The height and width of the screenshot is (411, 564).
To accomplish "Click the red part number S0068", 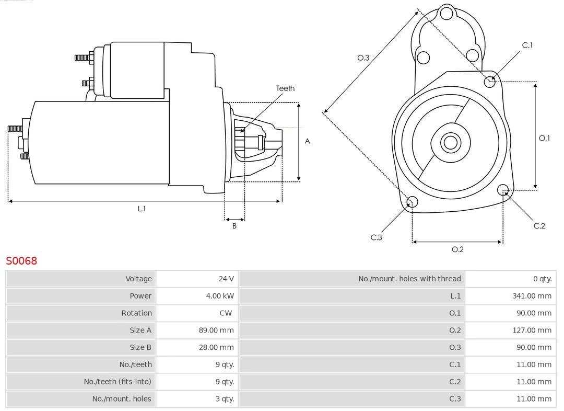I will pos(21,261).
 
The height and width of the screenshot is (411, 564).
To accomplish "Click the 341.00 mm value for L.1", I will pos(532,296).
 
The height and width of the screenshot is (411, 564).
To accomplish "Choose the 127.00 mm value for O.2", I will pos(532,330).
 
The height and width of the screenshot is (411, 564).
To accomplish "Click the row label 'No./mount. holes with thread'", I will pos(409,279).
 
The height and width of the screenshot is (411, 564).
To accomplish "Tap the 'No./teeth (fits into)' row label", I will pos(118,382).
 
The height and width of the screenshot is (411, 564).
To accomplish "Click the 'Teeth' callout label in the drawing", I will pos(285,88).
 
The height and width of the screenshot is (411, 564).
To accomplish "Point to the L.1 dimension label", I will pos(142,209).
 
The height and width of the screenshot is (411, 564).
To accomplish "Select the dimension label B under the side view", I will pos(234,226).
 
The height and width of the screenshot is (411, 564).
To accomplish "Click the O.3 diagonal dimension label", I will pos(363,58).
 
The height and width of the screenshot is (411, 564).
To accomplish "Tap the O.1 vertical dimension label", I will pos(544,138).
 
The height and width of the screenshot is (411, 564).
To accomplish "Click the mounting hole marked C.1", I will pos(489,82).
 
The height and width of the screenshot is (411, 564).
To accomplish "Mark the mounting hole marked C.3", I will pos(412,202).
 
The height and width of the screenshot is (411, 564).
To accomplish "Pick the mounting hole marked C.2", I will pos(503,189).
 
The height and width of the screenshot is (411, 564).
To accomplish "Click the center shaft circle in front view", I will pos(450,142).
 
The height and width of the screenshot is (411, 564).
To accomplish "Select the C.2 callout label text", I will pos(539,226).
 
